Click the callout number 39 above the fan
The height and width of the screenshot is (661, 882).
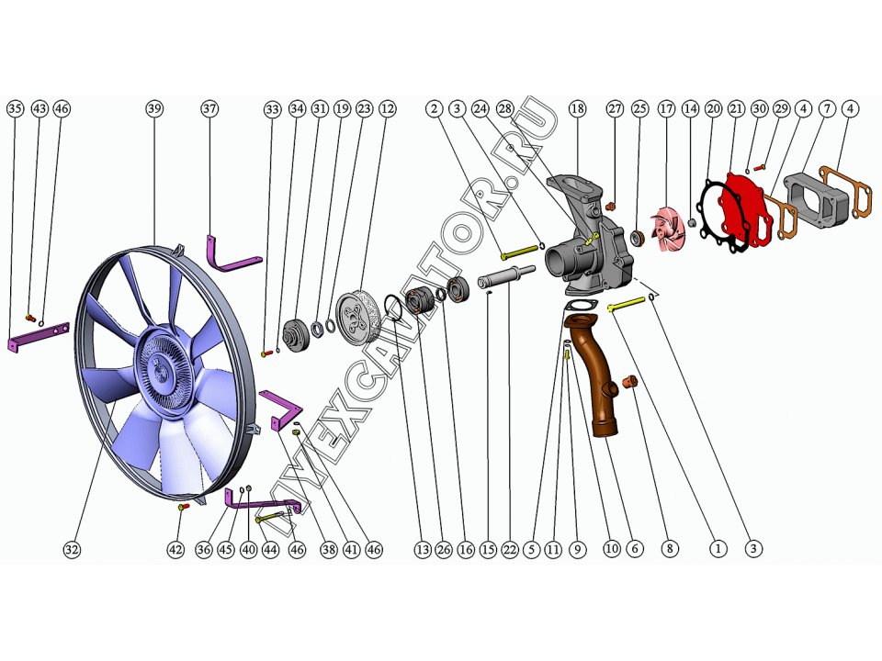pyautogui.click(x=154, y=108)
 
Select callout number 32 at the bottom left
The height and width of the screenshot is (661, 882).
pyautogui.click(x=72, y=549)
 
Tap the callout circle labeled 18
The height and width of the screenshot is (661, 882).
pyautogui.click(x=578, y=108)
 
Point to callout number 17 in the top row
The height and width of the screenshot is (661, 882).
pyautogui.click(x=667, y=108)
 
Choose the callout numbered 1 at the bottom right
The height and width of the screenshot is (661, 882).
pyautogui.click(x=718, y=549)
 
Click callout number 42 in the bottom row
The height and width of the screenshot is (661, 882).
pyautogui.click(x=175, y=549)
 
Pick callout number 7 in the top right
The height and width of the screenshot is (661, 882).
pyautogui.click(x=827, y=108)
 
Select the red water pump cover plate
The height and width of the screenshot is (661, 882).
pyautogui.click(x=742, y=211)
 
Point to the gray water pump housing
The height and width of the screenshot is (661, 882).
pyautogui.click(x=590, y=236)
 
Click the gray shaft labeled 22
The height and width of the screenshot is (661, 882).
pyautogui.click(x=505, y=276)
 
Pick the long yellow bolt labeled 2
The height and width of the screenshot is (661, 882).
pyautogui.click(x=519, y=252)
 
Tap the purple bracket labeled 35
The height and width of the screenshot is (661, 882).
pyautogui.click(x=39, y=336)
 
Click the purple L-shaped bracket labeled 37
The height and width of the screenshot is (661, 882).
pyautogui.click(x=232, y=254)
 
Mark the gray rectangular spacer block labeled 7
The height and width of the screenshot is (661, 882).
pyautogui.click(x=816, y=198)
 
